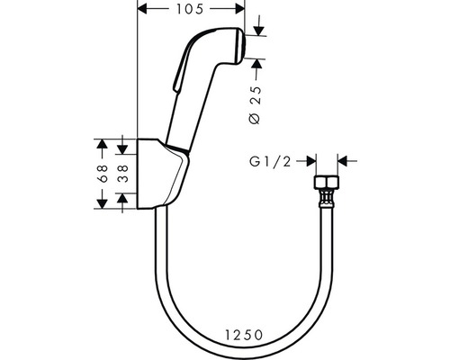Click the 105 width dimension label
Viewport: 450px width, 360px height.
click(190, 9)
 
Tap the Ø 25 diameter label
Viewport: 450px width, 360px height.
click(256, 105)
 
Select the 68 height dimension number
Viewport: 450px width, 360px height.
click(103, 174)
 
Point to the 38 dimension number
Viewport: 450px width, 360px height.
click(123, 174)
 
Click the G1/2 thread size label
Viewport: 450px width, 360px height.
click(270, 162)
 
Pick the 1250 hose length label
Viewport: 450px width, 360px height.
click(244, 335)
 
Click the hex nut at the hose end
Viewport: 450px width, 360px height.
click(327, 182)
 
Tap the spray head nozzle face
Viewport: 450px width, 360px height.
click(242, 46)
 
